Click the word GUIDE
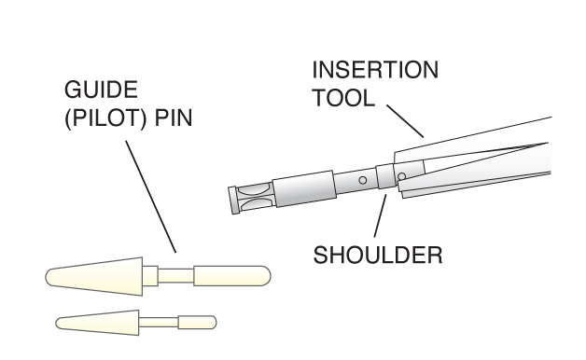click(x=101, y=90)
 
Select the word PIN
click(x=174, y=118)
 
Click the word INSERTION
click(x=375, y=70)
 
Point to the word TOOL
click(x=343, y=98)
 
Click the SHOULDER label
click(x=378, y=256)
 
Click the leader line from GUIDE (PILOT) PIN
click(x=150, y=197)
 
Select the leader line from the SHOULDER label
click(x=381, y=215)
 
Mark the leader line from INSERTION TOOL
click(x=405, y=121)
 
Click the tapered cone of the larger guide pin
click(x=94, y=276)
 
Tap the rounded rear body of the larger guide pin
click(x=232, y=276)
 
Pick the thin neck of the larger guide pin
click(x=175, y=276)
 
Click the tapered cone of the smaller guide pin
click(x=98, y=323)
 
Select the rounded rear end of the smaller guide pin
click(x=197, y=323)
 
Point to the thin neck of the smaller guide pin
click(x=159, y=323)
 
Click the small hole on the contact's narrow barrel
click(x=362, y=180)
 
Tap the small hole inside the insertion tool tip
click(x=402, y=176)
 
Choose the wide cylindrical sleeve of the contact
click(x=304, y=188)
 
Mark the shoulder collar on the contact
click(x=386, y=176)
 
